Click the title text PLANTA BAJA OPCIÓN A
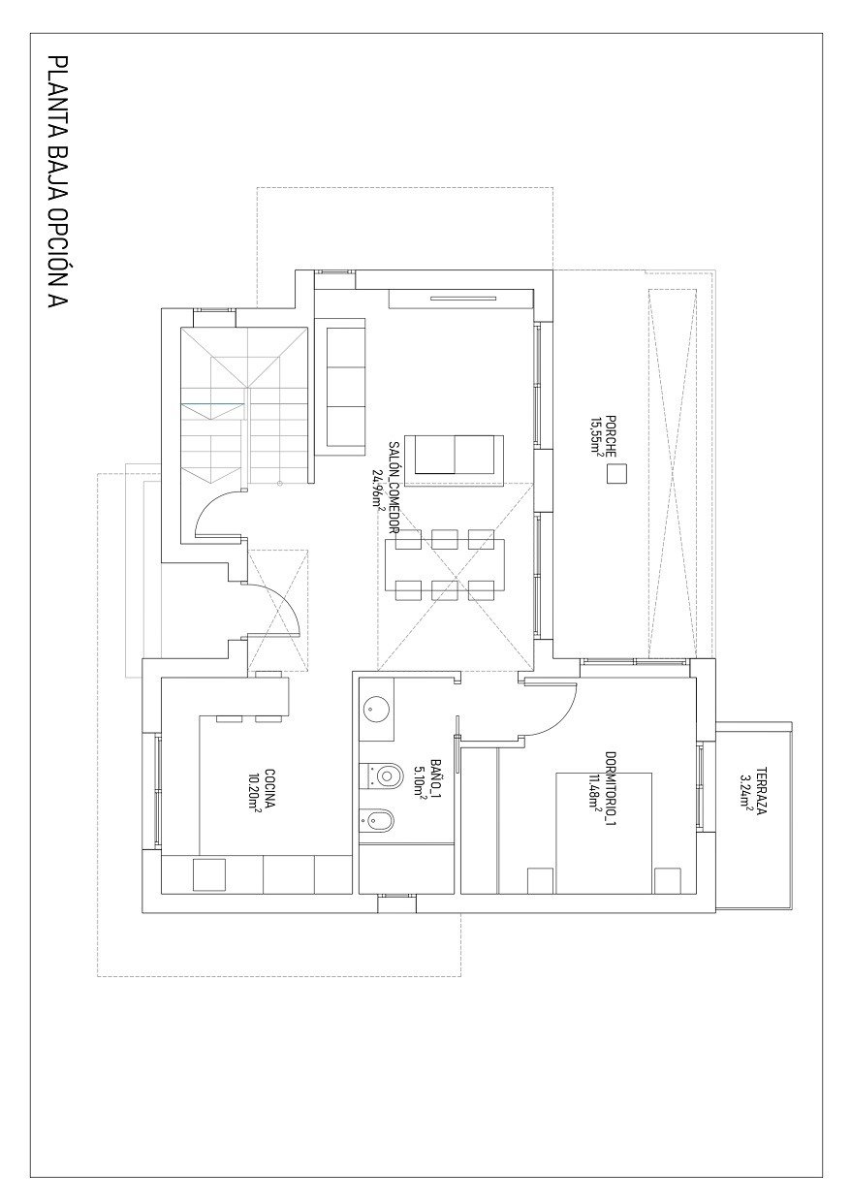click(57, 183)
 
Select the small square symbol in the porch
click(615, 474)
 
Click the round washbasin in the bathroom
click(376, 710)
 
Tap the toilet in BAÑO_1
click(385, 776)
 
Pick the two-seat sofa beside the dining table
click(454, 456)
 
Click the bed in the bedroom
click(603, 832)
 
